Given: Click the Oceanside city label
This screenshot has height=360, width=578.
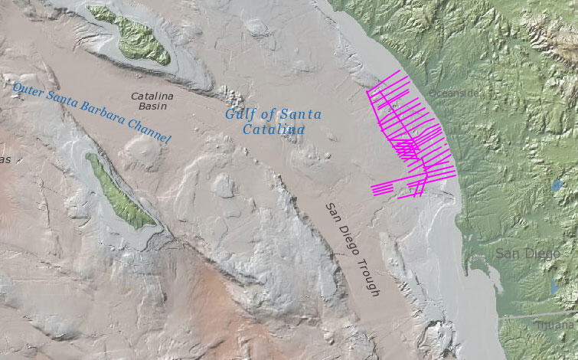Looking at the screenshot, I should (452, 93).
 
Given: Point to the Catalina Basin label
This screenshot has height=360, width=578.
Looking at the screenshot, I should (152, 101).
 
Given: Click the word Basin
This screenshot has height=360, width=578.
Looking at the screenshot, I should (152, 106).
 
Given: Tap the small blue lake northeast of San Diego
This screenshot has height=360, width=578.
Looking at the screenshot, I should (557, 185).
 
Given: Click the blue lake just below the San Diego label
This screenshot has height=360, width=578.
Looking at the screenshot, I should (554, 285).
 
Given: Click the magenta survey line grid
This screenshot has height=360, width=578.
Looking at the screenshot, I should (410, 138).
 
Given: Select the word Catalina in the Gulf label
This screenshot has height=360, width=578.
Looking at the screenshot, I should (274, 130).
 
